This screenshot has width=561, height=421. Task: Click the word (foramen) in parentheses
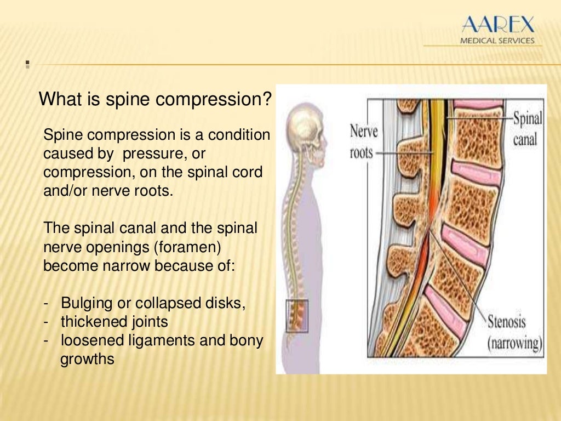click(x=188, y=247)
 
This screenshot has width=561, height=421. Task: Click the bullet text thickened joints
click(x=114, y=322)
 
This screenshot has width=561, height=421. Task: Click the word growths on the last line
click(x=87, y=360)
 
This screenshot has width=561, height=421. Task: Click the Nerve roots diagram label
click(x=364, y=141)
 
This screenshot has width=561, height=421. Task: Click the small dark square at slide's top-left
click(x=27, y=66)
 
